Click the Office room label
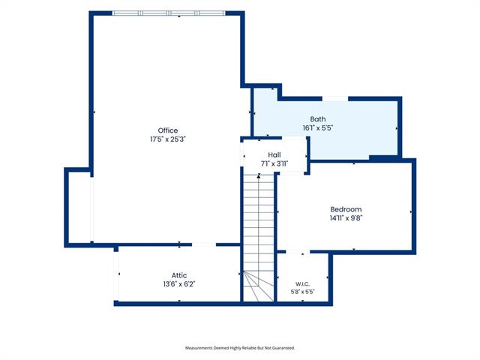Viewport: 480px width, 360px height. coord(168,130)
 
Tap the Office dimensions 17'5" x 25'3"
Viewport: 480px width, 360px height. coord(168,139)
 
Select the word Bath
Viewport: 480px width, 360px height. coord(318,119)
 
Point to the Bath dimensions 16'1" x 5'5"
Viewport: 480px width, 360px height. coord(318,128)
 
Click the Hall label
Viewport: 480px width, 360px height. coord(274,155)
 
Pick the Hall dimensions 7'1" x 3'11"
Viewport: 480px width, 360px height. coord(274,163)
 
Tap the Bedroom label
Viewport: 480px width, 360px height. coord(346,209)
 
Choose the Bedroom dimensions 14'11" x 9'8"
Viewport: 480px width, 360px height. coord(346,218)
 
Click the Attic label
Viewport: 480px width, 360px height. coord(179,275)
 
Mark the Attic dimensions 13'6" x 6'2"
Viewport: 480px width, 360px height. coord(179,284)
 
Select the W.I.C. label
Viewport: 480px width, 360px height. coord(302,284)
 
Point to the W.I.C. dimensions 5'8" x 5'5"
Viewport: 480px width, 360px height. coord(302,292)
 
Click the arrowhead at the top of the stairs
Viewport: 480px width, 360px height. coord(259,175)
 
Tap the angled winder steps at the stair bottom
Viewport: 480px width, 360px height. coord(259,286)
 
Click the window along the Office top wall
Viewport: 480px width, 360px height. coord(169,13)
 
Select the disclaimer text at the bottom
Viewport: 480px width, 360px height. coord(240,348)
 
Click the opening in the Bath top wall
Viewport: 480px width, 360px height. coord(335,98)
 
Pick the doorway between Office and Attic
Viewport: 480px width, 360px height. coord(204,244)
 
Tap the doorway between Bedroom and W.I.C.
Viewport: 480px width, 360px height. coord(298,252)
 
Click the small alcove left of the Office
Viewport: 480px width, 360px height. coord(79,207)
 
